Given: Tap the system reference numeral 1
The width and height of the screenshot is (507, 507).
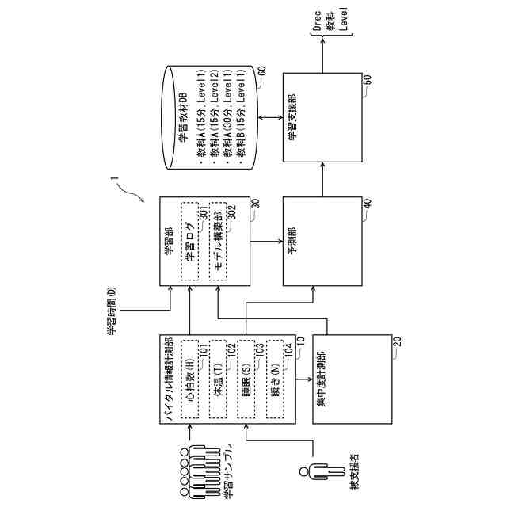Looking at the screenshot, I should point(116,188).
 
